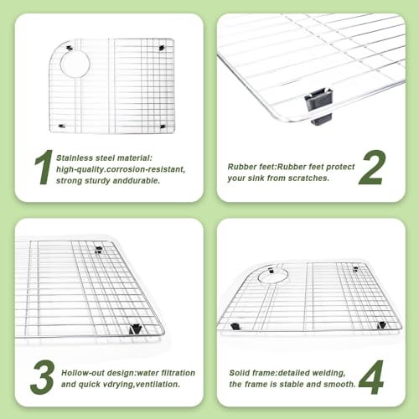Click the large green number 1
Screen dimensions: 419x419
(44, 167)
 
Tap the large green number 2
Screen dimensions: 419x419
(372, 167)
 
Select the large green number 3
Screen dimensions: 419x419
(43, 377)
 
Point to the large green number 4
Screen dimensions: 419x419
(371, 377)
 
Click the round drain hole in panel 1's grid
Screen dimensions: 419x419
(75, 64)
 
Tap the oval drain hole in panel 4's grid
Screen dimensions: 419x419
(273, 276)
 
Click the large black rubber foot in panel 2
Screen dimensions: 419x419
(318, 106)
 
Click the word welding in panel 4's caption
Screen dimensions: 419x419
(329, 373)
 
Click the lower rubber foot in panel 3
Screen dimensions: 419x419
(135, 329)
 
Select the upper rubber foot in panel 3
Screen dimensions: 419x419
(98, 250)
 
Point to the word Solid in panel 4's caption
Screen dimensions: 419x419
(238, 373)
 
